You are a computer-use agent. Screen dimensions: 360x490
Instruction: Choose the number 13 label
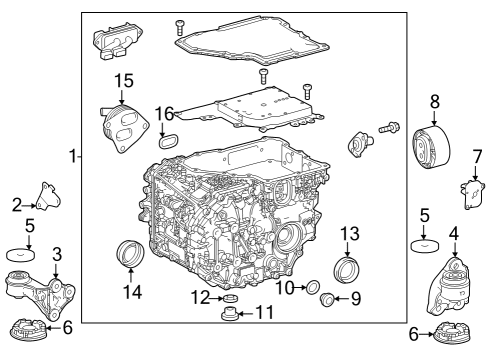[349, 233]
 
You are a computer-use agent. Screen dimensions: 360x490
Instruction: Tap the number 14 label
[131, 292]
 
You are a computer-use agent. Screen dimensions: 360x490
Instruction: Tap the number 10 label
[285, 288]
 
